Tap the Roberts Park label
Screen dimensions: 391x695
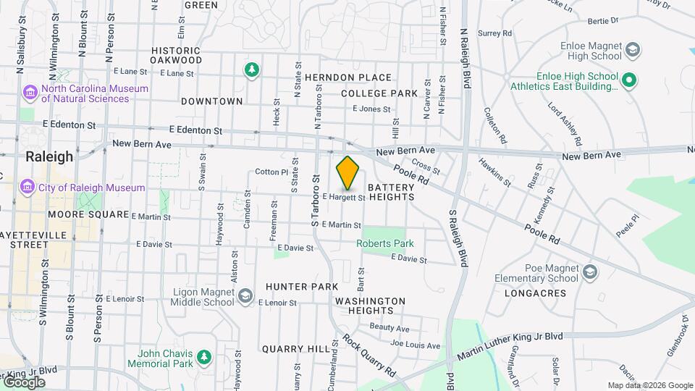tap(384, 244)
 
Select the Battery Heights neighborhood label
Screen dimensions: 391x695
tap(391, 191)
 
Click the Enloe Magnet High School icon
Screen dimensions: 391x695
tap(633, 50)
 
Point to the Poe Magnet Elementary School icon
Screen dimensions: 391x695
tap(590, 272)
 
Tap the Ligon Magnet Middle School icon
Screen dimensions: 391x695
tap(245, 295)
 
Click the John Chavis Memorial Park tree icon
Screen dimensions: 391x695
tap(204, 356)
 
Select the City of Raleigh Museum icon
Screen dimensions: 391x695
tap(28, 188)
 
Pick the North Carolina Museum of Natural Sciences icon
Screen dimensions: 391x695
tap(30, 93)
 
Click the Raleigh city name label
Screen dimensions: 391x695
tap(49, 156)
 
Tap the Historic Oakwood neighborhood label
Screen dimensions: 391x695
tap(176, 55)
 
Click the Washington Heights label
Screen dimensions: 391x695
tap(371, 306)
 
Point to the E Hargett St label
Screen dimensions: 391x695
tap(343, 197)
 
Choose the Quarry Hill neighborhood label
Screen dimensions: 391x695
tap(295, 348)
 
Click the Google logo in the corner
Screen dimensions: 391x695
tap(23, 382)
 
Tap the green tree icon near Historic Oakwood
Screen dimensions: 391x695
tap(251, 70)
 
